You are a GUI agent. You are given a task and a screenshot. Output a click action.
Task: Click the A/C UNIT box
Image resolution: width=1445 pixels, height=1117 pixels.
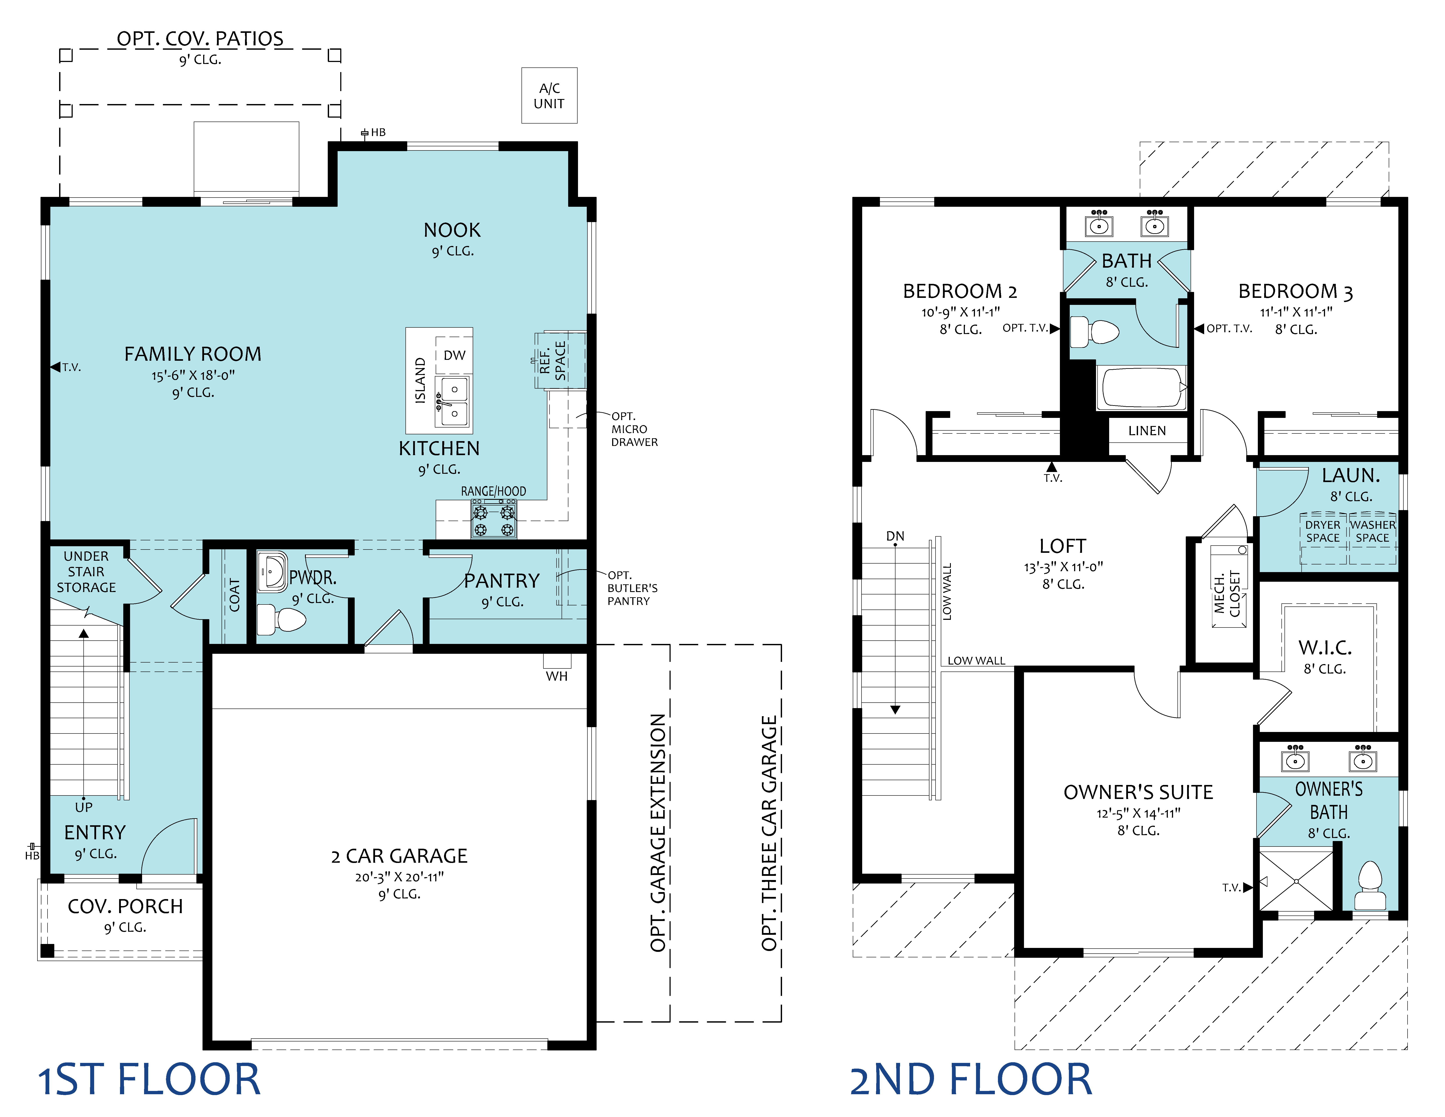549,95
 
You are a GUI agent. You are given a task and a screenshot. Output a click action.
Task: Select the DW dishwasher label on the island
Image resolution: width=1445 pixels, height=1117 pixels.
455,355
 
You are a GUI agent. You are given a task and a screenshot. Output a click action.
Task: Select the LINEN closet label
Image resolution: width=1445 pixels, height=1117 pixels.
1147,431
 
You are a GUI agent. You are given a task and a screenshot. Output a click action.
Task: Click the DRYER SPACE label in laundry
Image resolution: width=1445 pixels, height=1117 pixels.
1323,531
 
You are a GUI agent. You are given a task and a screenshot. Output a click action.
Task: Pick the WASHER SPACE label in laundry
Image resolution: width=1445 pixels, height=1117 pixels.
1373,531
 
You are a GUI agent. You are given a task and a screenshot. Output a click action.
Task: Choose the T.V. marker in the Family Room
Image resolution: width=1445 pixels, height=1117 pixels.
66,367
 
